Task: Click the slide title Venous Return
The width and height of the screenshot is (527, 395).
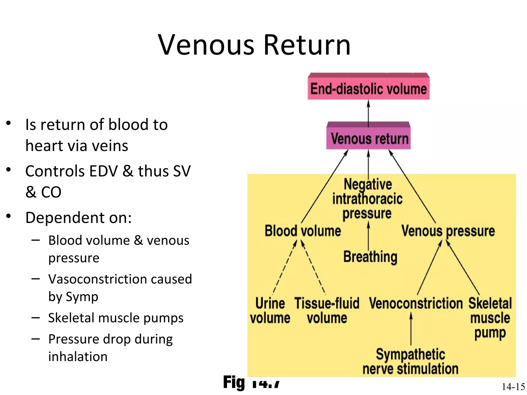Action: (254, 45)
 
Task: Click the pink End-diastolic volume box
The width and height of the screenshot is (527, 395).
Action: (368, 89)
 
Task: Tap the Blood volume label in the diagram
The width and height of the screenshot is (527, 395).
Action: (303, 231)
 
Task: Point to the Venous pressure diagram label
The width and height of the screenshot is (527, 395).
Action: (448, 231)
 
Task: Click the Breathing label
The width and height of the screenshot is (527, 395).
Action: (370, 257)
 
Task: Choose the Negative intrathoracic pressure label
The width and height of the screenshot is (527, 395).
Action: (367, 199)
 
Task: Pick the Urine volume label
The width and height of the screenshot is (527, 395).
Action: (270, 310)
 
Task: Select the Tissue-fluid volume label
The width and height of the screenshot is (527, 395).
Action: (327, 310)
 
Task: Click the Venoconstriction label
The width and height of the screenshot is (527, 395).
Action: (416, 303)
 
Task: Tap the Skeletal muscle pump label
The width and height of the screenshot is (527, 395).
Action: (490, 318)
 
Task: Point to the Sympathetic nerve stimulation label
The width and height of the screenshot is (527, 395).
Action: (410, 361)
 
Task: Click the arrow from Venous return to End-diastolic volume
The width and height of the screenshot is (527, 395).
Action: (368, 113)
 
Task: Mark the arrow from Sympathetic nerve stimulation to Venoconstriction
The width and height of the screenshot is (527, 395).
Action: (411, 329)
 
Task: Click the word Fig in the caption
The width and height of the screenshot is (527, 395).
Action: (234, 382)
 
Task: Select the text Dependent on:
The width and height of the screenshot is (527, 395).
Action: (78, 218)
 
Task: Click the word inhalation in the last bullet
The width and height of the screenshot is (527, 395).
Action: (78, 356)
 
